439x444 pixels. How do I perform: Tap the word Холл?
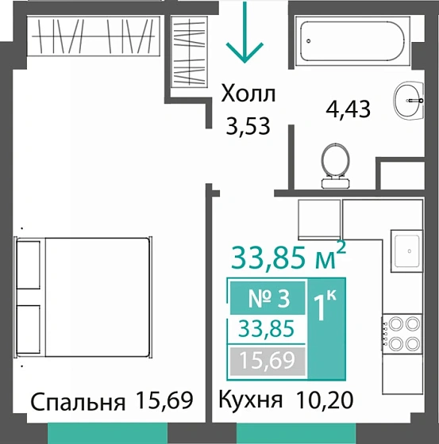pyautogui.click(x=248, y=96)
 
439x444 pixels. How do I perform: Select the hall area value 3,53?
pyautogui.click(x=245, y=126)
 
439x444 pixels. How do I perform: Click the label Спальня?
pyautogui.click(x=78, y=401)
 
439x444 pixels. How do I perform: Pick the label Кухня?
pyautogui.click(x=249, y=401)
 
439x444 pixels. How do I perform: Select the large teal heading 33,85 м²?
pyautogui.click(x=288, y=257)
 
